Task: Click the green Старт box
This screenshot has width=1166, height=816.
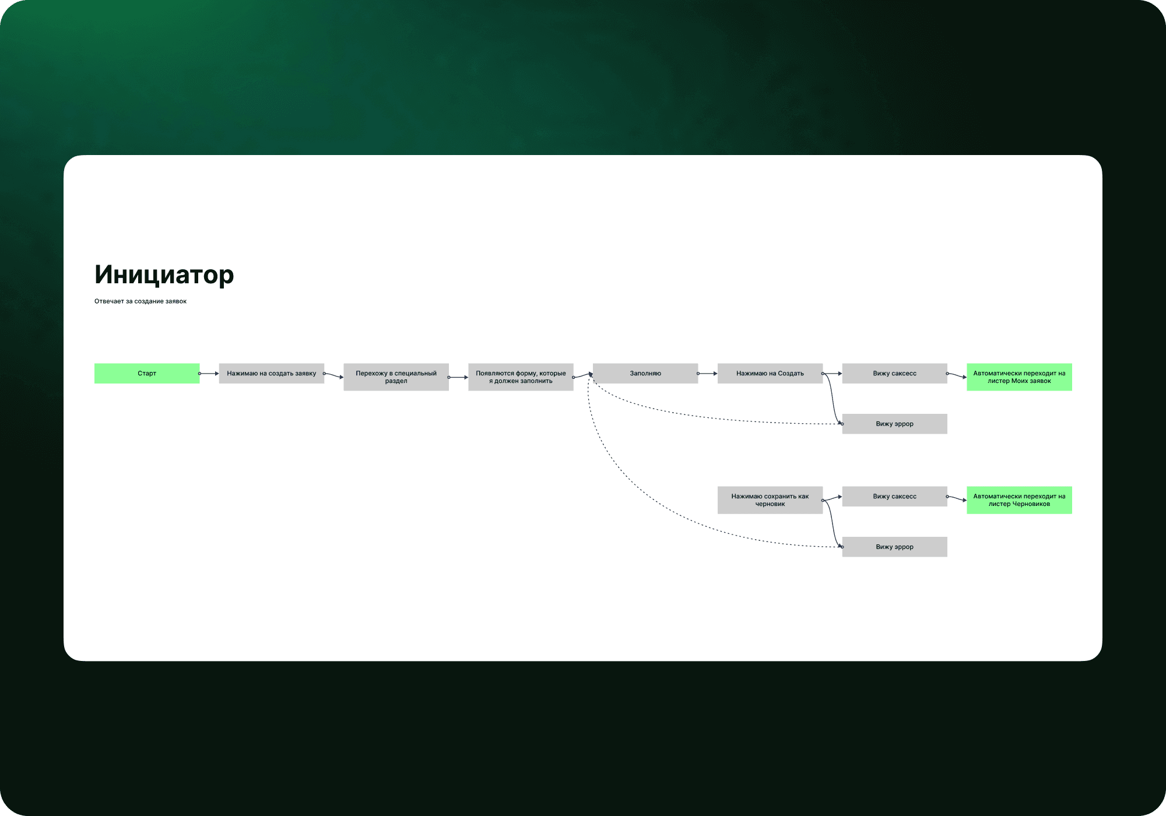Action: point(147,374)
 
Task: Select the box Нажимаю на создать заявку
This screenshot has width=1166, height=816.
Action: point(272,374)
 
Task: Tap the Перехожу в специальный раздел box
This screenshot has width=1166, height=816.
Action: point(396,377)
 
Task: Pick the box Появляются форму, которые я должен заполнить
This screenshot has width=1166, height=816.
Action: point(521,377)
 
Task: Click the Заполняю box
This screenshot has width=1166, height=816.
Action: point(645,374)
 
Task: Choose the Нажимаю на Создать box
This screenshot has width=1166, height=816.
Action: point(770,374)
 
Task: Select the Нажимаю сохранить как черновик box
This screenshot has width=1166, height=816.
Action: point(770,500)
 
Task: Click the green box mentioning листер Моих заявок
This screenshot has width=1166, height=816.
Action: point(1019,377)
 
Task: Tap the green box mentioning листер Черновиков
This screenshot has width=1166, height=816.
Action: point(1019,500)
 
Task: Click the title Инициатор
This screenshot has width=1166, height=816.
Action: point(164,275)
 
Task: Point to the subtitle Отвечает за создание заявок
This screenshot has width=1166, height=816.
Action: point(141,301)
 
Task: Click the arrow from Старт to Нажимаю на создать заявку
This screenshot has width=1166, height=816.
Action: point(209,374)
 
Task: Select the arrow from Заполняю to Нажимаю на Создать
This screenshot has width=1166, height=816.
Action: point(708,374)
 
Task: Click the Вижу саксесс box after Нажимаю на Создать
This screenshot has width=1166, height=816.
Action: point(894,374)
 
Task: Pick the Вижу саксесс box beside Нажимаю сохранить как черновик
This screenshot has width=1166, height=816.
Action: point(894,497)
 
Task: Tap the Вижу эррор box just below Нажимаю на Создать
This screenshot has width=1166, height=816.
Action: point(894,424)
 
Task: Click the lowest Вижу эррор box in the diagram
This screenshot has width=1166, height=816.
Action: point(894,547)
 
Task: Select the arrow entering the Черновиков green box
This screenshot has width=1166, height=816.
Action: point(957,499)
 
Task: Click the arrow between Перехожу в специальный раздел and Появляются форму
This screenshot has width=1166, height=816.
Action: point(459,377)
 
